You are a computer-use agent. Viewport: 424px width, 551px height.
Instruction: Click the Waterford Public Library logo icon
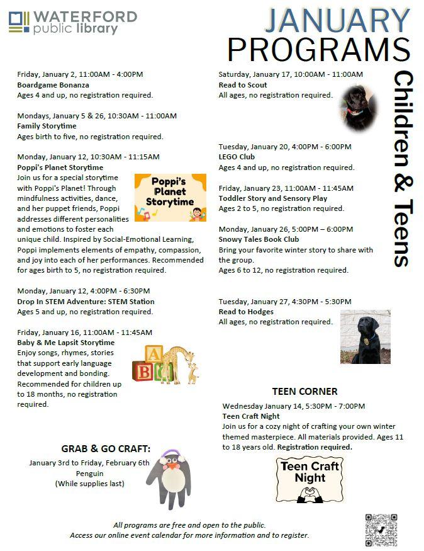click(x=19, y=22)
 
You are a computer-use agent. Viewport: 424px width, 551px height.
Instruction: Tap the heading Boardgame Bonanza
click(x=53, y=85)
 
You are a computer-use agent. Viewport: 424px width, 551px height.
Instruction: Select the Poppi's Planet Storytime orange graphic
click(x=170, y=198)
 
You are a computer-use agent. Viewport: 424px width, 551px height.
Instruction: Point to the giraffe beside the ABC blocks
click(x=181, y=363)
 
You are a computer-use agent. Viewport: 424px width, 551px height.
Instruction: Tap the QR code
click(x=381, y=530)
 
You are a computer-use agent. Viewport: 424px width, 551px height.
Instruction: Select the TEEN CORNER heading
click(x=304, y=392)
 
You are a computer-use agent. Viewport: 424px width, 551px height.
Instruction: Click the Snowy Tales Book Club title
click(x=259, y=240)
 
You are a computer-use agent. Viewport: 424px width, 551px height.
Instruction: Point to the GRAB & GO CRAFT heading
click(x=106, y=449)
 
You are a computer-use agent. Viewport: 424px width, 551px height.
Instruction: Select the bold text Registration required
click(x=315, y=447)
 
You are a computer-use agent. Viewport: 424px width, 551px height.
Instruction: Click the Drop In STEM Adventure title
click(x=86, y=302)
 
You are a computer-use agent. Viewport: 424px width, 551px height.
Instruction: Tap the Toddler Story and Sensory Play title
click(x=273, y=198)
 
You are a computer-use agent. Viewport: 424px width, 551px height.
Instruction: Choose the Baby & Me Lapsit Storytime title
click(x=66, y=343)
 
